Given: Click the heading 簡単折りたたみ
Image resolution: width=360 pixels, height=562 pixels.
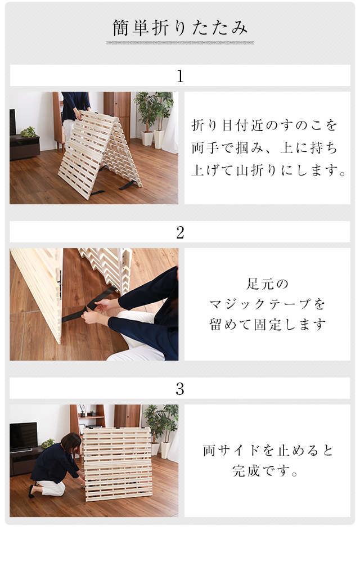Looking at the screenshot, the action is [180, 28].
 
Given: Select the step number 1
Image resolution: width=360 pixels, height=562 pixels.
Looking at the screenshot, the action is [180, 77].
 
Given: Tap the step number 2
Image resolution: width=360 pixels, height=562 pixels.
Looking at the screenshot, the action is [180, 232].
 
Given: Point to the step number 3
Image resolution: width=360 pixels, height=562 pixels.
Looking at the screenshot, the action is [180, 389].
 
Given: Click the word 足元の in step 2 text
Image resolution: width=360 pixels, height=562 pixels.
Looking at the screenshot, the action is [267, 284].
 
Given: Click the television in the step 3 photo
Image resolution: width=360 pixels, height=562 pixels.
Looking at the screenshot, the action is [23, 437].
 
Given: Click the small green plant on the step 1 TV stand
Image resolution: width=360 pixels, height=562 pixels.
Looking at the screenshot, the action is [28, 132].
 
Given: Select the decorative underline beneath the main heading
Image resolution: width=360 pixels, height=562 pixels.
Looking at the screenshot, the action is [180, 43].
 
